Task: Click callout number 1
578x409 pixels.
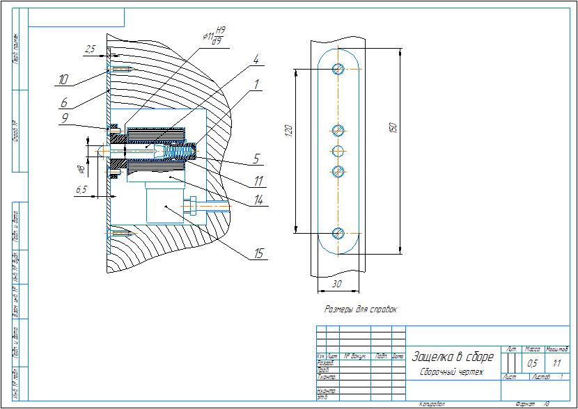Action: [x=257, y=84]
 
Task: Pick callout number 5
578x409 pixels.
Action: [x=256, y=159]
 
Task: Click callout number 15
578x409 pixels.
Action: [x=258, y=254]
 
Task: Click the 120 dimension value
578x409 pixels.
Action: [x=288, y=129]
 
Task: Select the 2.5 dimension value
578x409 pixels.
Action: [x=90, y=49]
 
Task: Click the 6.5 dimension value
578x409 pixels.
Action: [x=81, y=189]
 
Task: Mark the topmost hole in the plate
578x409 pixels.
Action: [x=338, y=68]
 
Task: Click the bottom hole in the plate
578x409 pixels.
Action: [x=338, y=233]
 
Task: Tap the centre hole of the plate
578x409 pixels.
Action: [x=338, y=150]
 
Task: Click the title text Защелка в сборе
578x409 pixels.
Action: [x=453, y=357]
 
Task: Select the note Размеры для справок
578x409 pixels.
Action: [x=361, y=309]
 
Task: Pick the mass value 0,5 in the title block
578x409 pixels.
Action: [x=533, y=363]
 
